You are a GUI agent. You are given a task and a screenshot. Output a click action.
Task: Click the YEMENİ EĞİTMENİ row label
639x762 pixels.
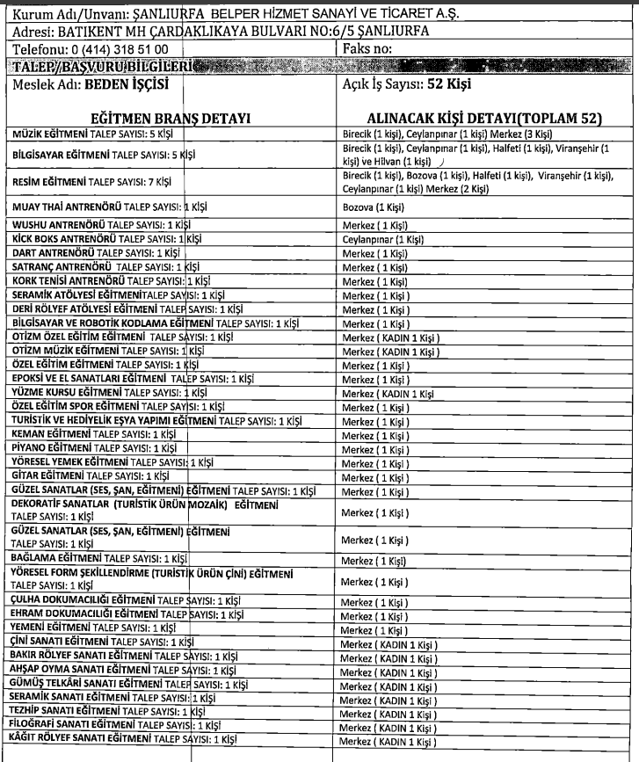coord(91,628)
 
